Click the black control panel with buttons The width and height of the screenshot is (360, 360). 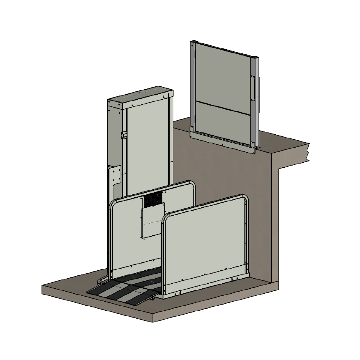153,199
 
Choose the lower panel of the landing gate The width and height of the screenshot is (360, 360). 222,122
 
